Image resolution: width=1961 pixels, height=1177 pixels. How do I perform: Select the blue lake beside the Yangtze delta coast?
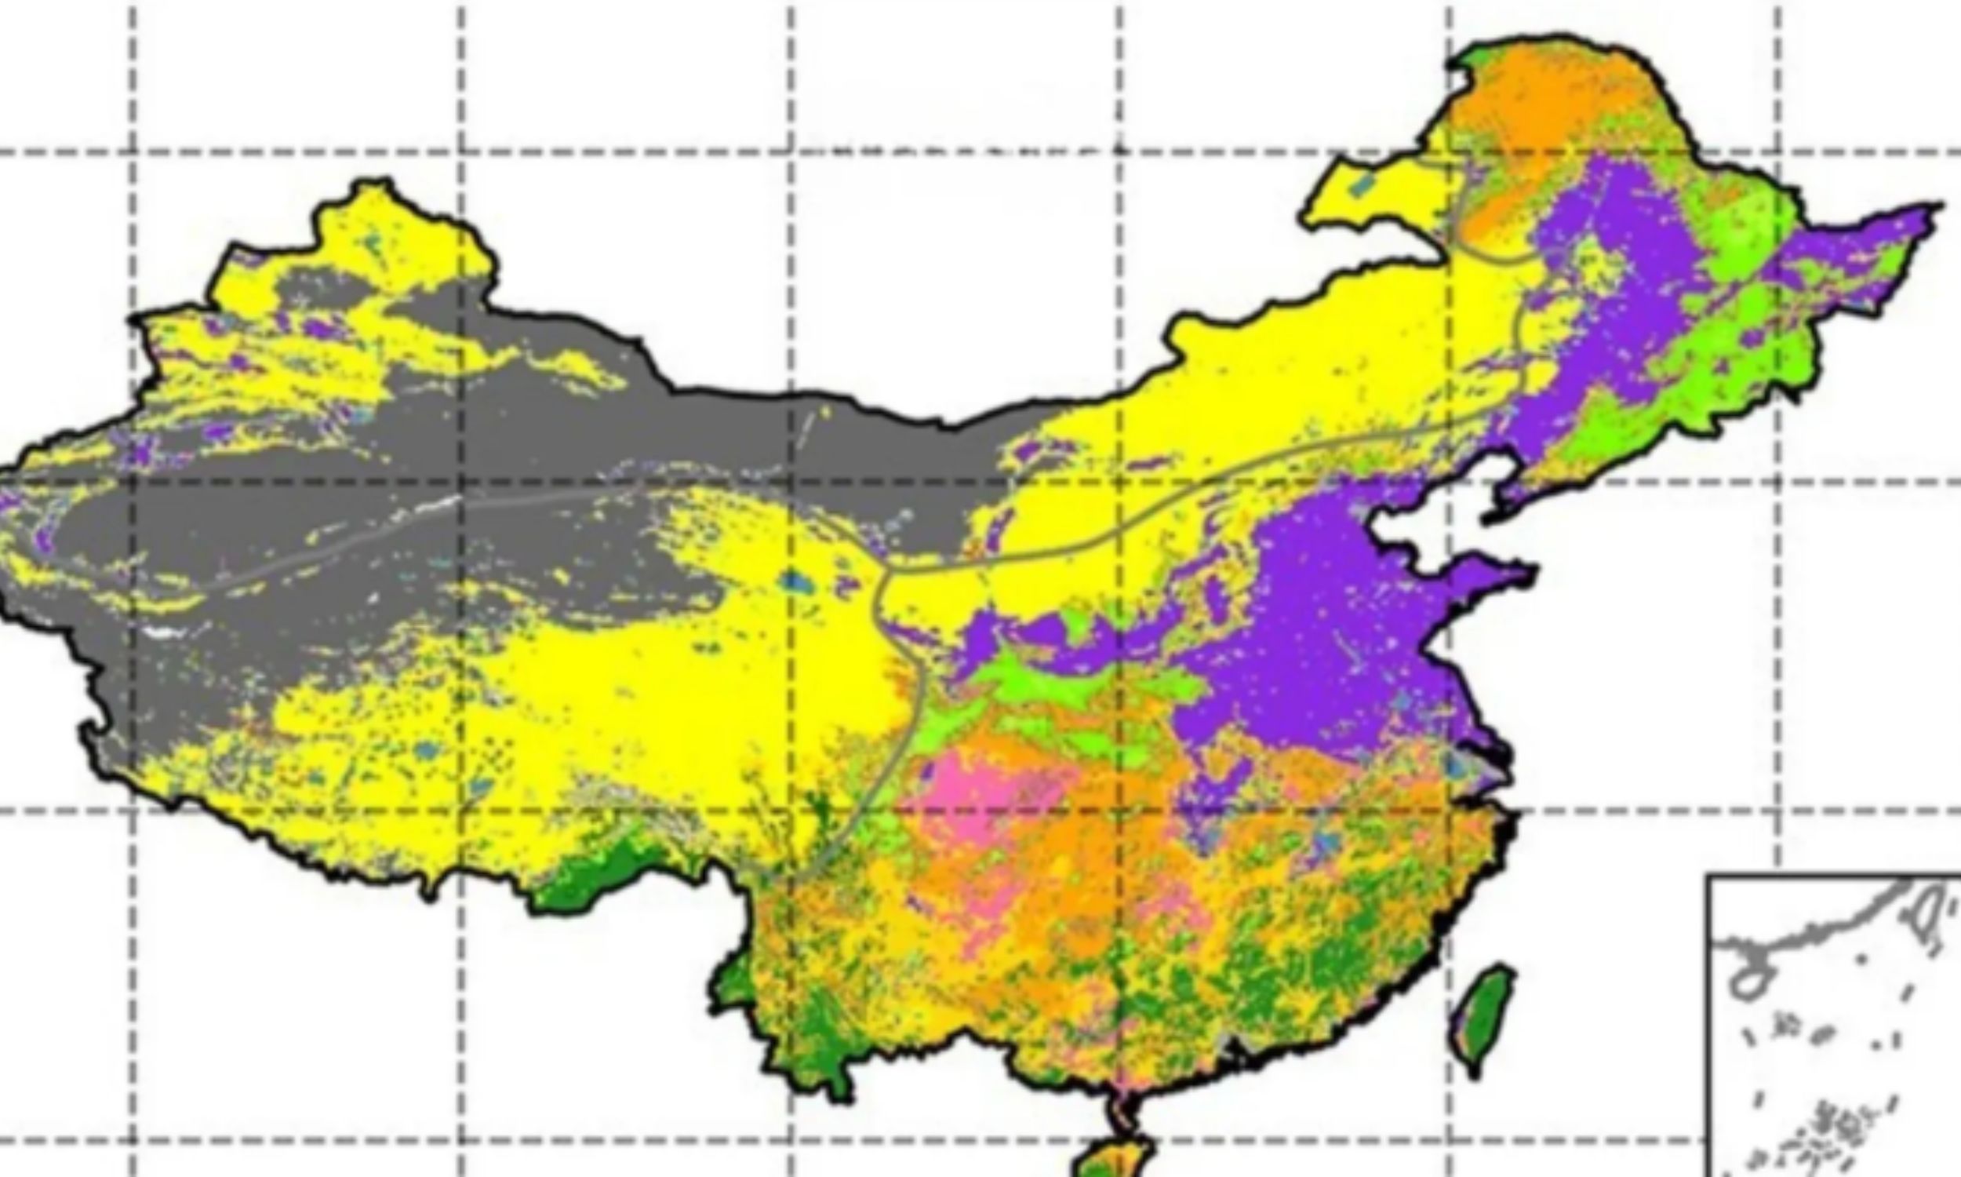coord(1458,765)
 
